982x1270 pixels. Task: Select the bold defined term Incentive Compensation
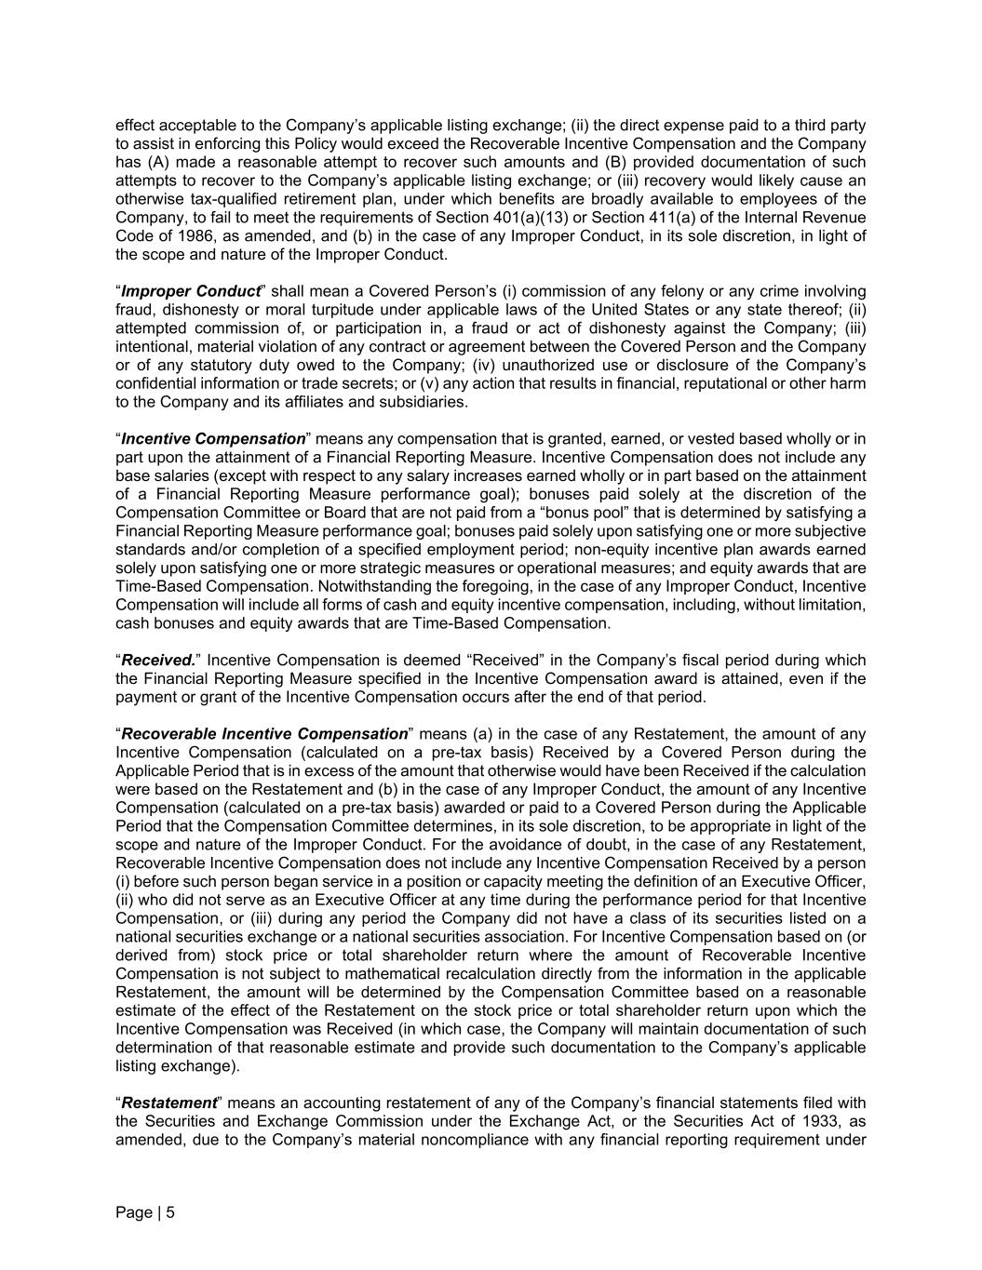point(213,438)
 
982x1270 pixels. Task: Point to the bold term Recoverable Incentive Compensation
point(264,734)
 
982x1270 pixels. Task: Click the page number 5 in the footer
point(170,1212)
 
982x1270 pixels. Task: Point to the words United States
point(594,310)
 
